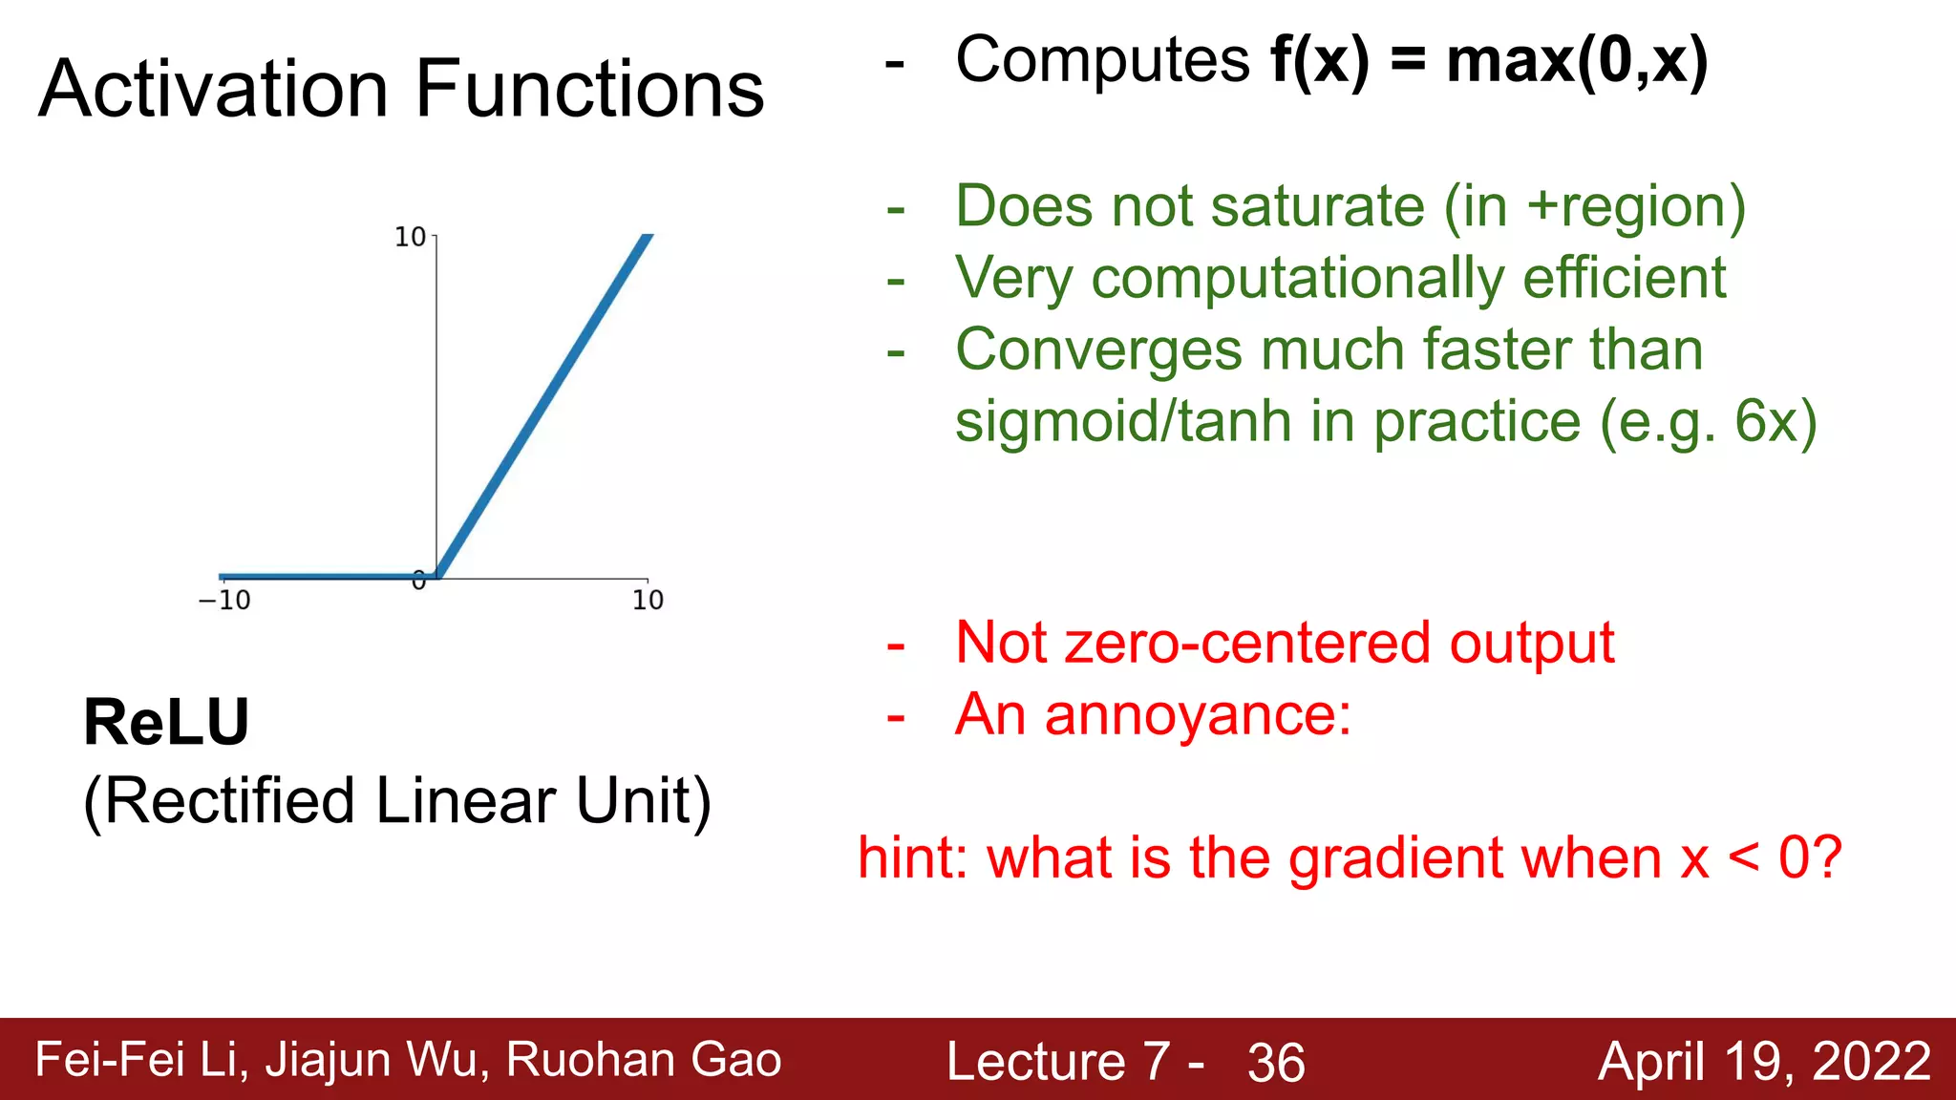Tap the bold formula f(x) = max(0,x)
[x=1488, y=60]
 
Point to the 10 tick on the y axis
[x=411, y=237]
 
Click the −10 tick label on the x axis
[x=224, y=601]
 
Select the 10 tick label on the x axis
[x=648, y=601]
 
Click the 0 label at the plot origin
[x=418, y=581]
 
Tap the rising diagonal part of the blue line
[x=544, y=406]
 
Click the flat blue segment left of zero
[x=325, y=576]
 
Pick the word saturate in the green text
[x=1318, y=206]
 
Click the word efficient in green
[x=1624, y=278]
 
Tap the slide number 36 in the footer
[x=1276, y=1063]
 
